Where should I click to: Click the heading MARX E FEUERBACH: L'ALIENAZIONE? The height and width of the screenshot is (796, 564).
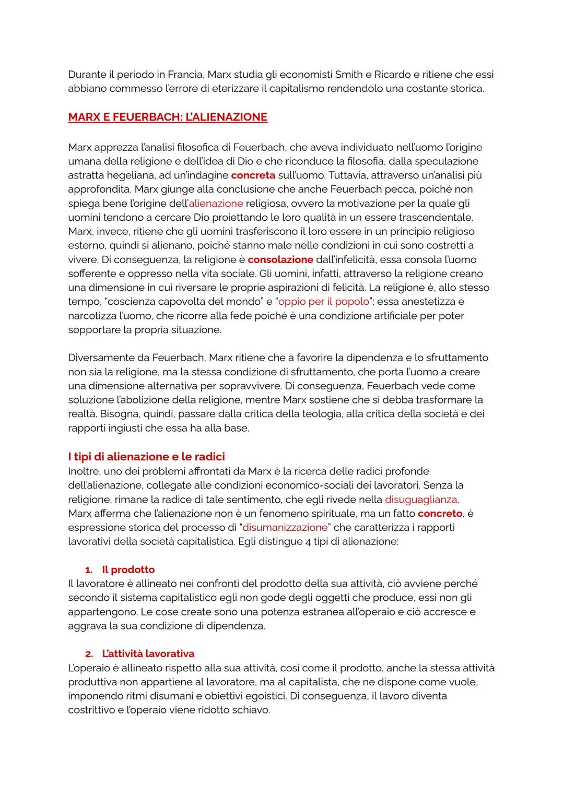[168, 117]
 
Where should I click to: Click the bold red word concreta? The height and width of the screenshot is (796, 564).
[253, 175]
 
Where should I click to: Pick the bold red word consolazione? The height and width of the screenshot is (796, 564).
[280, 259]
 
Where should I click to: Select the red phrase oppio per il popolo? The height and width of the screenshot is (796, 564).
[324, 302]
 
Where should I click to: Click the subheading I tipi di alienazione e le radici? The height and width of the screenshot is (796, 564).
[146, 457]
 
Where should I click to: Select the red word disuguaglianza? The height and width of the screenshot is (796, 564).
[421, 500]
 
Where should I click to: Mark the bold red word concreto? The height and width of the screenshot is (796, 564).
[440, 514]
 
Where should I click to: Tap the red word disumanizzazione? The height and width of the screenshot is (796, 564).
[285, 528]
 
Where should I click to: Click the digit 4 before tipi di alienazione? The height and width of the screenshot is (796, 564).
[308, 542]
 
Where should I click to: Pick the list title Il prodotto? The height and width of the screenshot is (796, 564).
[128, 569]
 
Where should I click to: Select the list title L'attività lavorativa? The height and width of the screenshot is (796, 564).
[148, 654]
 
